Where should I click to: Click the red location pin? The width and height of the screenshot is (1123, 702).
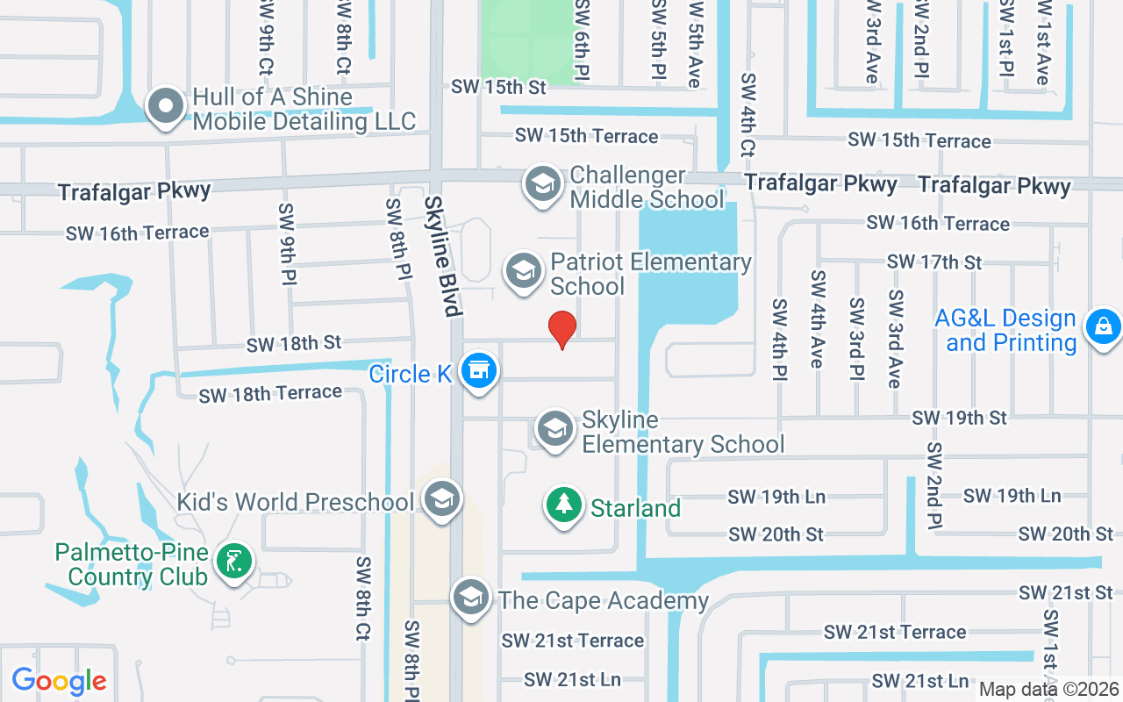point(562,329)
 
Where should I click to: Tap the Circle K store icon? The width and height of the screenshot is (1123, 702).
point(478,370)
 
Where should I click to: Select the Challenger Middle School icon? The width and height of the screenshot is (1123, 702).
point(543,185)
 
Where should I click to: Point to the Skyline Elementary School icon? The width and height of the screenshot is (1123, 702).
point(555,430)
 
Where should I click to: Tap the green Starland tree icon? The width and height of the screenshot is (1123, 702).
point(564,505)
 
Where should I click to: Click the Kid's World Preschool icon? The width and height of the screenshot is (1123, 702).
point(441,499)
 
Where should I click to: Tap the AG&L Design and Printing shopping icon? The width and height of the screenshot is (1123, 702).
point(1103,327)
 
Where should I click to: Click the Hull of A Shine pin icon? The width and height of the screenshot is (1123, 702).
point(165,107)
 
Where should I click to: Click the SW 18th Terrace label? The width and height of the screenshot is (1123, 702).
point(270,394)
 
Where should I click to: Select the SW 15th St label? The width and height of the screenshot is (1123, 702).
point(498,87)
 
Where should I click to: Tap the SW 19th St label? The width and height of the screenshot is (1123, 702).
point(960,418)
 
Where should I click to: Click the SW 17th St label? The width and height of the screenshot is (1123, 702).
point(934,261)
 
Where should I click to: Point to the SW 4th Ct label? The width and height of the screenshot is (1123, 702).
point(747,114)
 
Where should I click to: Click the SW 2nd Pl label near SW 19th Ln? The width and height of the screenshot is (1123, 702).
point(933,485)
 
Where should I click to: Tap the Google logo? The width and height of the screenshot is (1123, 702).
point(59,681)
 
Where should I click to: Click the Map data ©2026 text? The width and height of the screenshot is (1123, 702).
point(1048,690)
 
